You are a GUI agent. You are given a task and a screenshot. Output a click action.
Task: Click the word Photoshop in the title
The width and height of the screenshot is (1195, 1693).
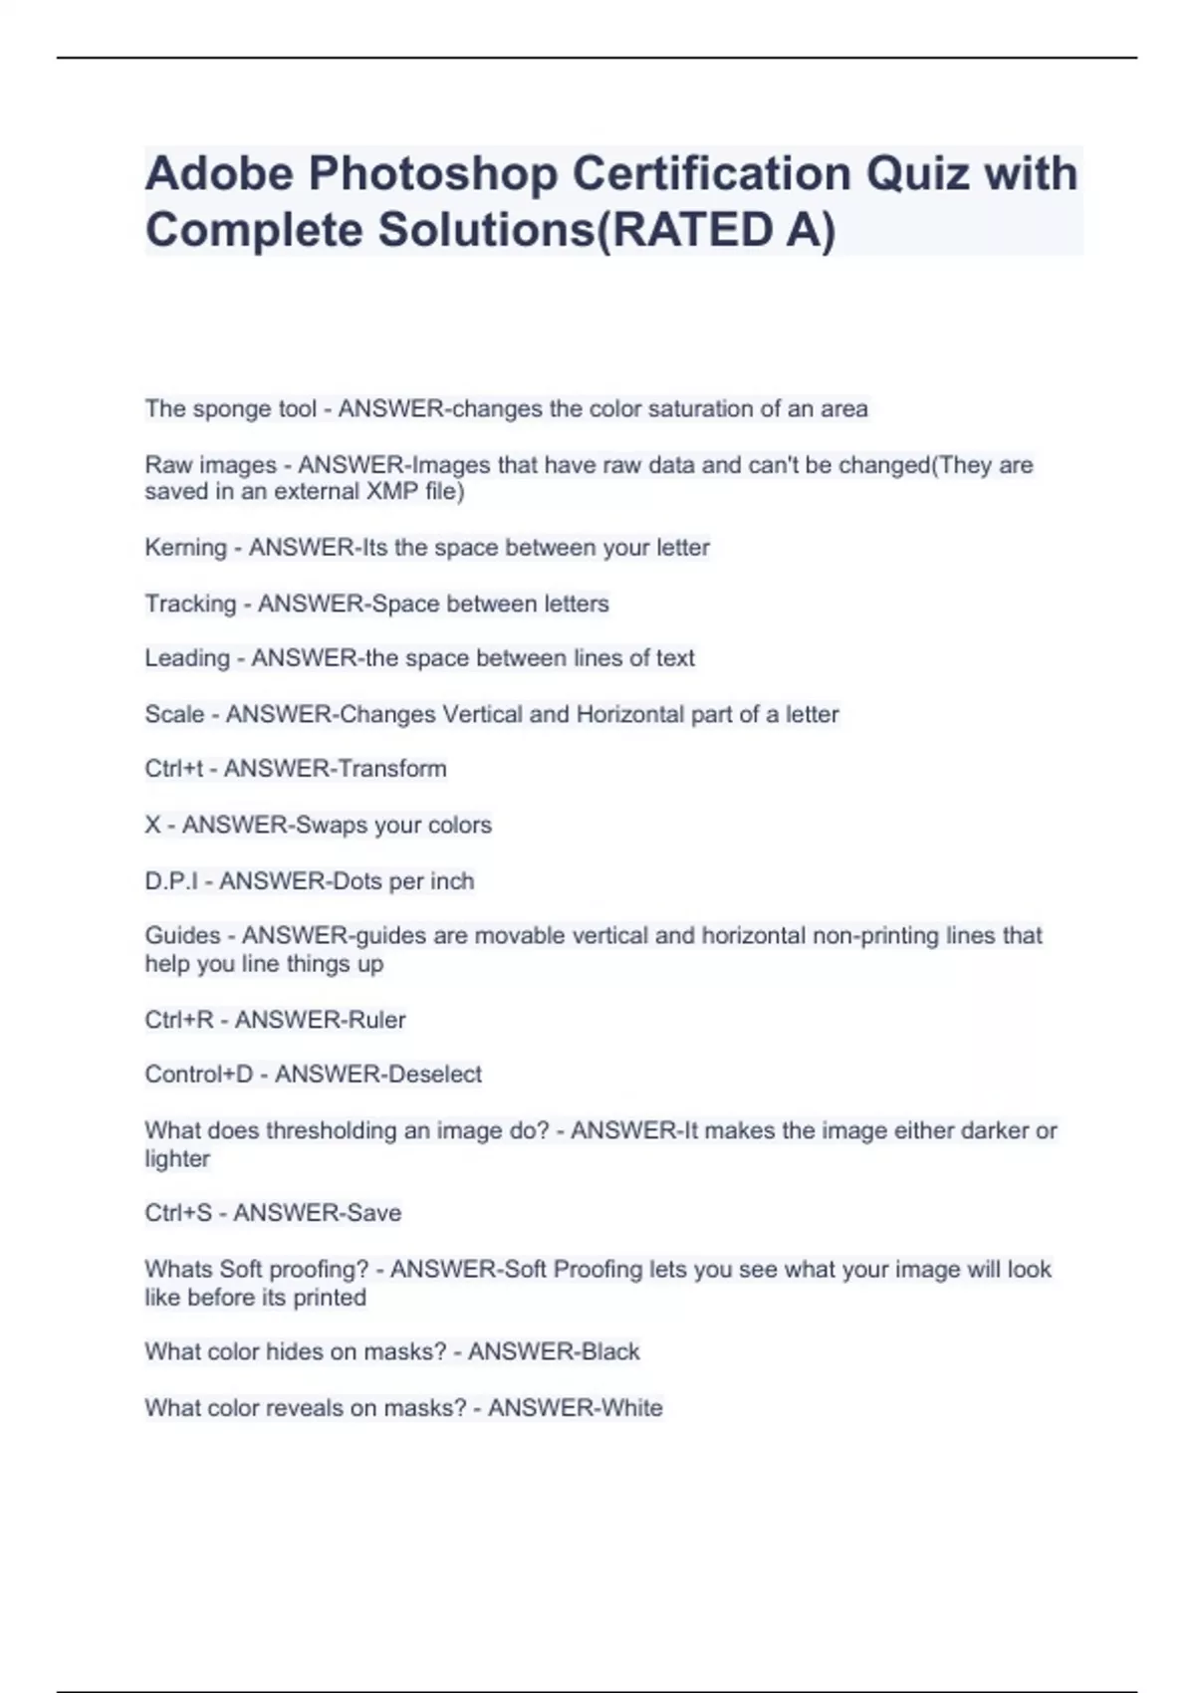432,173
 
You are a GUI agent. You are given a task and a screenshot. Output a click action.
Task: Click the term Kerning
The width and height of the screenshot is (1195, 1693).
185,548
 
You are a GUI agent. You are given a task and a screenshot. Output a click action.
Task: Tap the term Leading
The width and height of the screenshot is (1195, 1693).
187,658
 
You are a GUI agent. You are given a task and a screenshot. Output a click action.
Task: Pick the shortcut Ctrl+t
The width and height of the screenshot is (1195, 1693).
173,769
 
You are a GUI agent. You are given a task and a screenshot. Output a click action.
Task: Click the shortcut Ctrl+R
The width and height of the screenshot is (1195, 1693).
179,1020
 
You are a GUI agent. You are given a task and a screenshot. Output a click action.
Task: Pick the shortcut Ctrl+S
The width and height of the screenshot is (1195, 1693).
178,1213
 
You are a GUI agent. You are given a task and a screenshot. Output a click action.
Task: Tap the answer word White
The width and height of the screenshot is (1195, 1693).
625,1408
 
